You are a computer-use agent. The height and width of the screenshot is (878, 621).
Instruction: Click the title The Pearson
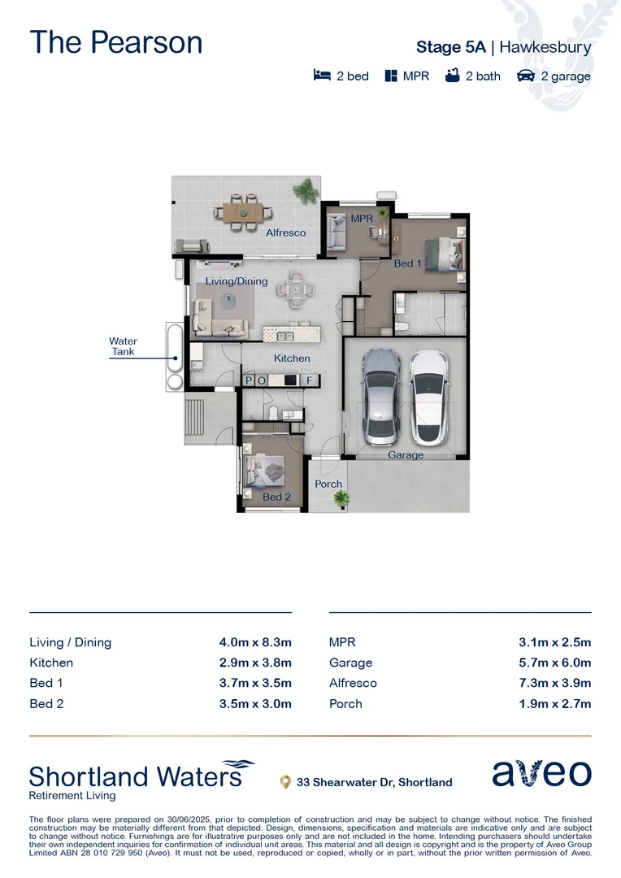click(116, 42)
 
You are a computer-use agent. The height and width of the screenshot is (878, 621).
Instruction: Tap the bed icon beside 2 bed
click(322, 76)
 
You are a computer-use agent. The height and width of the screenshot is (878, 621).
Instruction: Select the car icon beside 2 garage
click(526, 76)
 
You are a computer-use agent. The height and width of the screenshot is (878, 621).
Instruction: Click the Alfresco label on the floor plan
click(286, 233)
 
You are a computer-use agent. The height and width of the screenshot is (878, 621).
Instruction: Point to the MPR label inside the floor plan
click(361, 219)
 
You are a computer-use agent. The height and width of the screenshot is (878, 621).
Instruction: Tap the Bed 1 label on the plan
click(408, 263)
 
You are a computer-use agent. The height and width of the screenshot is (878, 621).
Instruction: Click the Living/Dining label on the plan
click(236, 280)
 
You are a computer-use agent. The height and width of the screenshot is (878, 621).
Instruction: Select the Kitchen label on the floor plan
click(292, 358)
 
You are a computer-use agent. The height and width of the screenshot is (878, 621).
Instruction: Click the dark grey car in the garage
click(380, 396)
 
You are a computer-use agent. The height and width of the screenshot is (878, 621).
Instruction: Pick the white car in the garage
click(429, 396)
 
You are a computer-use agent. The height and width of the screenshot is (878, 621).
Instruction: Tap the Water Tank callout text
click(124, 346)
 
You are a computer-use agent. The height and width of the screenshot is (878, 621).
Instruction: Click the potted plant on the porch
click(341, 498)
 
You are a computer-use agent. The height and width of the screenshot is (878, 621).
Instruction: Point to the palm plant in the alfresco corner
click(306, 191)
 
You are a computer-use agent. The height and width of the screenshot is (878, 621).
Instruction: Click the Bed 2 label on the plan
click(276, 497)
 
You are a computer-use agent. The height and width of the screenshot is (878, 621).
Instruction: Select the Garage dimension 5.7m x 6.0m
click(554, 663)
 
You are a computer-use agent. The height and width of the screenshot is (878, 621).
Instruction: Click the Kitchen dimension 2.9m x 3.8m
click(254, 663)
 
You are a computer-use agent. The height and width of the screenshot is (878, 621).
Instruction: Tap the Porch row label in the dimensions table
click(345, 703)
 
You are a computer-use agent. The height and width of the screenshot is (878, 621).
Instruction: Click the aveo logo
click(541, 773)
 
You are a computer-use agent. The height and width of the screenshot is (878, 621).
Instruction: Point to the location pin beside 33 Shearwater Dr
click(285, 782)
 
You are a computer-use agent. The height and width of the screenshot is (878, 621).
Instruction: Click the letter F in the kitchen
click(309, 380)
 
